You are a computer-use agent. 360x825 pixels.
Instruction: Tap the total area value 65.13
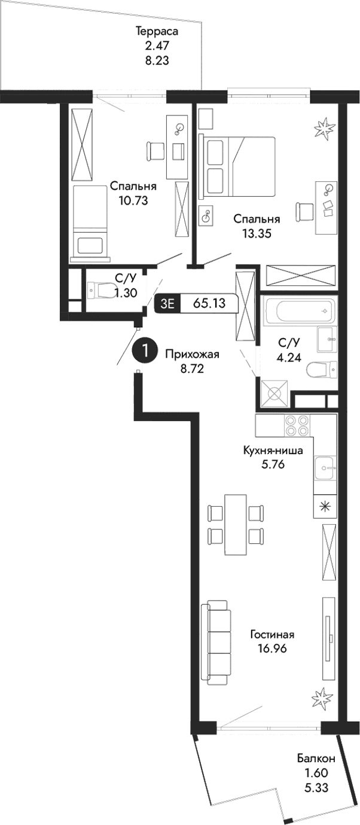(209, 303)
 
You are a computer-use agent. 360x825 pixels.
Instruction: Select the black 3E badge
(167, 303)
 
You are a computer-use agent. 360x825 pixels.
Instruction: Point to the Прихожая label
(192, 354)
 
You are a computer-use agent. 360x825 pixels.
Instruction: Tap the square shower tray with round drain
(274, 394)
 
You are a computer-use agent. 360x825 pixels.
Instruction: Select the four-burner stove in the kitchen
(296, 425)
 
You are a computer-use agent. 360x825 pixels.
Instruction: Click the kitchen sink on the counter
(325, 465)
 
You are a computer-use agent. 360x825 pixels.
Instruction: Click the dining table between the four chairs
(235, 525)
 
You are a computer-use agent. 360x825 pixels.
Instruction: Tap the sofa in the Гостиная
(217, 643)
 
